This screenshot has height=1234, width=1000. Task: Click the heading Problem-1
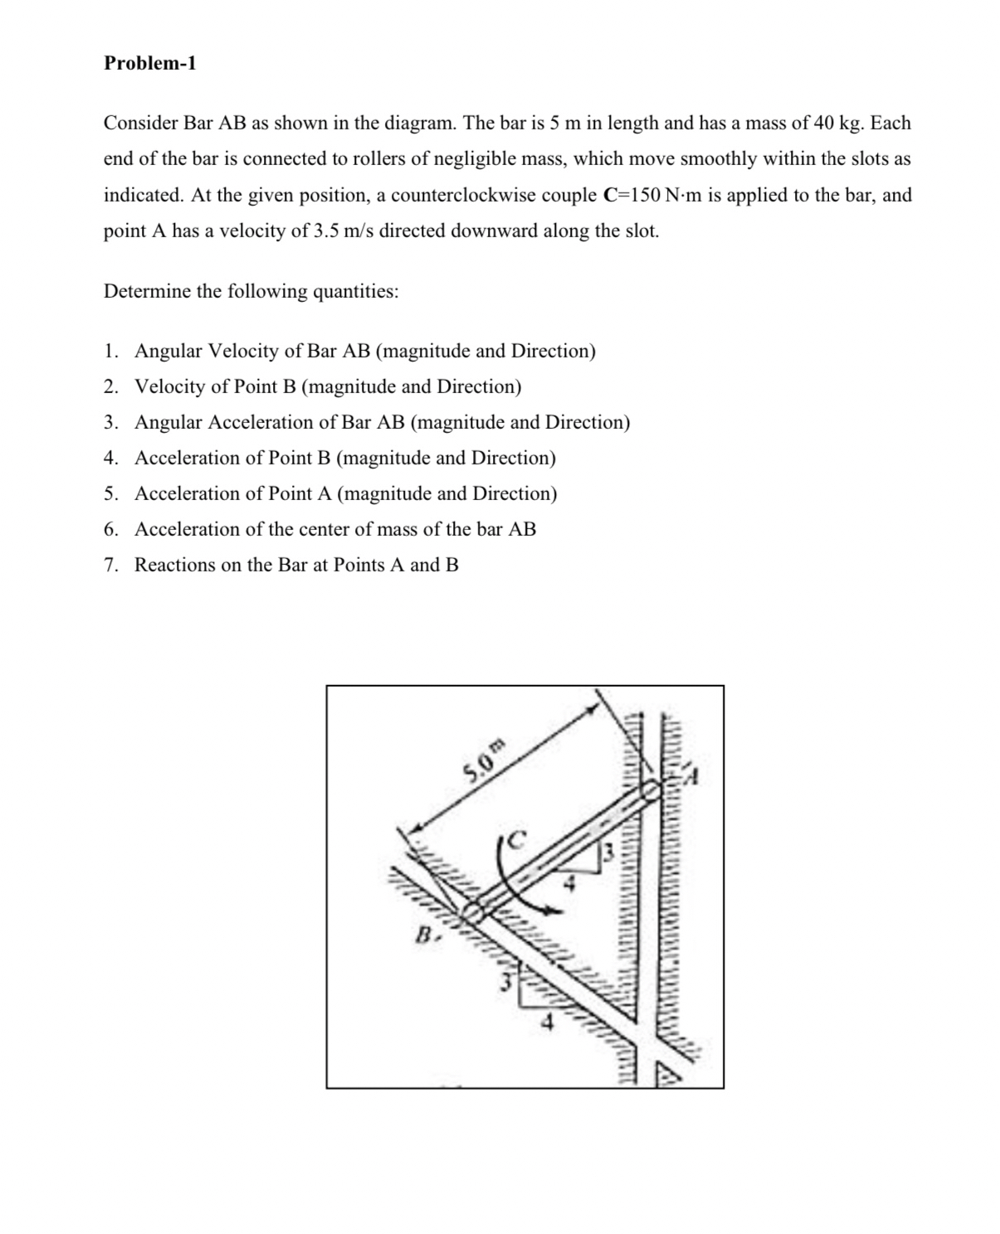point(150,64)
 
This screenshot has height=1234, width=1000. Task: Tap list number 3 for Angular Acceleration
point(111,423)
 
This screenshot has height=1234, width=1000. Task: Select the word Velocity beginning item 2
point(171,387)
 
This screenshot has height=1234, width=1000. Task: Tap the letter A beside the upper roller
point(693,778)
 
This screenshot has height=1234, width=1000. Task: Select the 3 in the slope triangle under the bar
point(607,851)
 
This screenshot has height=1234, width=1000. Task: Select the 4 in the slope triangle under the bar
point(569,884)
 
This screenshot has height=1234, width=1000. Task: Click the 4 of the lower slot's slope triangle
point(546,1023)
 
